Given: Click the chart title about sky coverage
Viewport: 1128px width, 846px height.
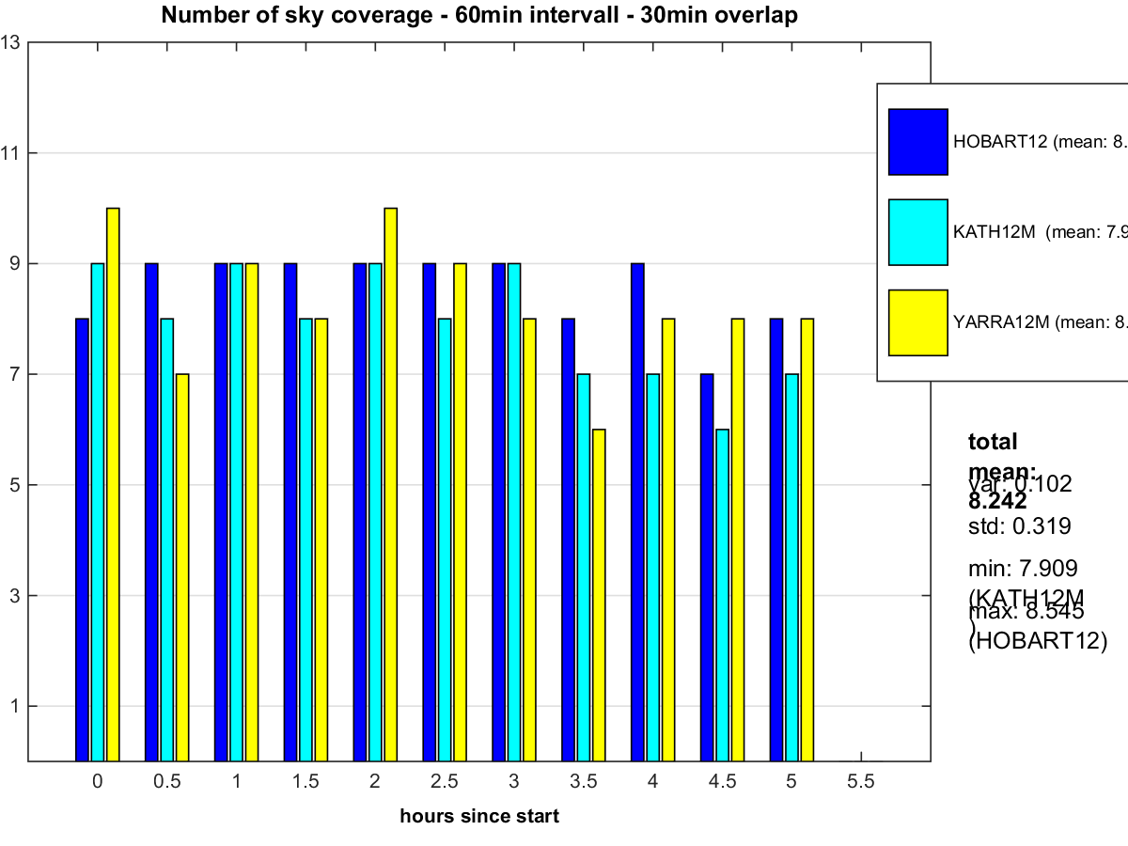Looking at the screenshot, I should [479, 15].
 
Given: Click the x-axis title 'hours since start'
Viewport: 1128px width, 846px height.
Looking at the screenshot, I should [479, 816].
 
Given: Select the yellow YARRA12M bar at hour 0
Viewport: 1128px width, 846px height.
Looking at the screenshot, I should [113, 484].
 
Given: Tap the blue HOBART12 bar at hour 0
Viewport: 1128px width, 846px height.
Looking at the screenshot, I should [82, 540].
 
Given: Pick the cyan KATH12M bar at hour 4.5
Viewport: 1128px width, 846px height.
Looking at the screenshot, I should [722, 595].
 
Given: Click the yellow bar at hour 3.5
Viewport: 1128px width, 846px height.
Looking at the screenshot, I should [599, 595].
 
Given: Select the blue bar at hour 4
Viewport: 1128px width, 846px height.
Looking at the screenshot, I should [637, 512].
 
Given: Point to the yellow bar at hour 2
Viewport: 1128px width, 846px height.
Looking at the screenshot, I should [390, 484].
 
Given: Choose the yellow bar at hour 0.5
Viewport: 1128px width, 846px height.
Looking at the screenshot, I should [182, 567].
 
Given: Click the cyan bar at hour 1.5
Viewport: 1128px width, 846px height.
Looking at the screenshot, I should [305, 540].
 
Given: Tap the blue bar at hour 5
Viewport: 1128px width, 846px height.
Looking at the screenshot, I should [775, 540].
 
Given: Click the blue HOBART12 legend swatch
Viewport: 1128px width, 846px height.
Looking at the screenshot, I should [918, 142].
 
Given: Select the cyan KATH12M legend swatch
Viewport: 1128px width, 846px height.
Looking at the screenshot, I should [918, 232].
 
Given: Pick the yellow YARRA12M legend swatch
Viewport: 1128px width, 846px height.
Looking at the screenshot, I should [918, 322].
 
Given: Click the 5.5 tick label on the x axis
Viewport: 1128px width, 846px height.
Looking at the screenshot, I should [861, 781].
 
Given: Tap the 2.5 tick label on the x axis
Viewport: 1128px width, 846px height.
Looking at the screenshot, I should [444, 781].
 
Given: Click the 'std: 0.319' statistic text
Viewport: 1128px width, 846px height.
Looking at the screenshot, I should [1019, 526].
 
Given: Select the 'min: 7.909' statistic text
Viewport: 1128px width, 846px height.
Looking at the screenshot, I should [1023, 569].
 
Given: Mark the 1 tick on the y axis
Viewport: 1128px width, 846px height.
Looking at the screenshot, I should [13, 706].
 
